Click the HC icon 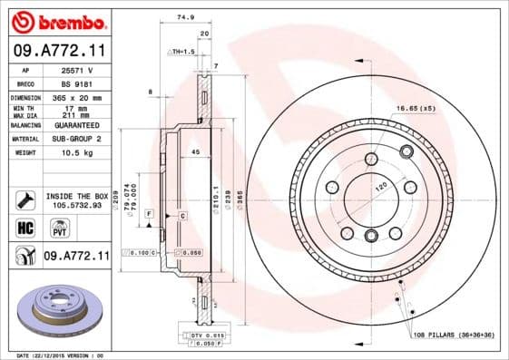pos(24,227)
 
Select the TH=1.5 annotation pos(184,52)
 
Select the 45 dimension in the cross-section pos(195,152)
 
